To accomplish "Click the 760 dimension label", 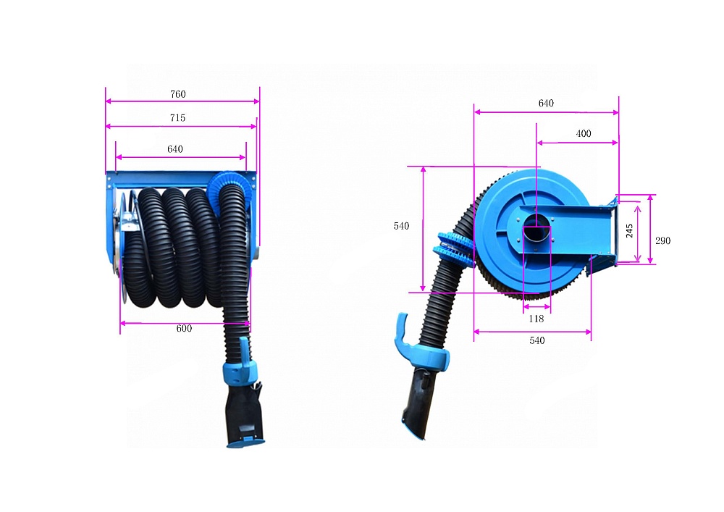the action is pos(178,94).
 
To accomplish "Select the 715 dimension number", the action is pos(178,118).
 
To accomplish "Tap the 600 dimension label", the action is pos(184,328).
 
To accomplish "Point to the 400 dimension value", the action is pos(583,133).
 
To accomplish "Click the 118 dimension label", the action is pos(536,319).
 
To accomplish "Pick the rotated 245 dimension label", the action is pos(629,231).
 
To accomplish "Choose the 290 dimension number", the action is pos(662,240).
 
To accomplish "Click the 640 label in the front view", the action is pos(175,149).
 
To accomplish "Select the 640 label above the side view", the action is pos(546,103).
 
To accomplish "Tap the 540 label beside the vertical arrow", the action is pos(401,226).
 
